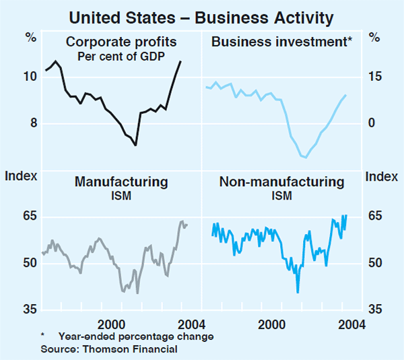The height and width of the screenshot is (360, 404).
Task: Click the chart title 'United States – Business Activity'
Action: [x=201, y=12]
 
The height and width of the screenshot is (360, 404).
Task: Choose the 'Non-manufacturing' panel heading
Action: [x=281, y=182]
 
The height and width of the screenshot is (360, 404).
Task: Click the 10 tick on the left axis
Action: [x=30, y=76]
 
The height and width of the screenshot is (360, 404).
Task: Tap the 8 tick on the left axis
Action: [x=32, y=123]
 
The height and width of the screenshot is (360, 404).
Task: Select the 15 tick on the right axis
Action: [x=374, y=76]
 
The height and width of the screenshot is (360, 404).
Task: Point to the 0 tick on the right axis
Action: [x=371, y=123]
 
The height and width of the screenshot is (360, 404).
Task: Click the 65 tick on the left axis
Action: [x=30, y=216]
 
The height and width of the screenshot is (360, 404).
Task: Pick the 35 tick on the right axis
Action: [x=374, y=309]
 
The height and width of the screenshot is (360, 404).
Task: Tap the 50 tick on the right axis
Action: [x=374, y=263]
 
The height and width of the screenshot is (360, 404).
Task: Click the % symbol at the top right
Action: [x=374, y=38]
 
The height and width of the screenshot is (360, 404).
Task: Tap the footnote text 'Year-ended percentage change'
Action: [x=136, y=336]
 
